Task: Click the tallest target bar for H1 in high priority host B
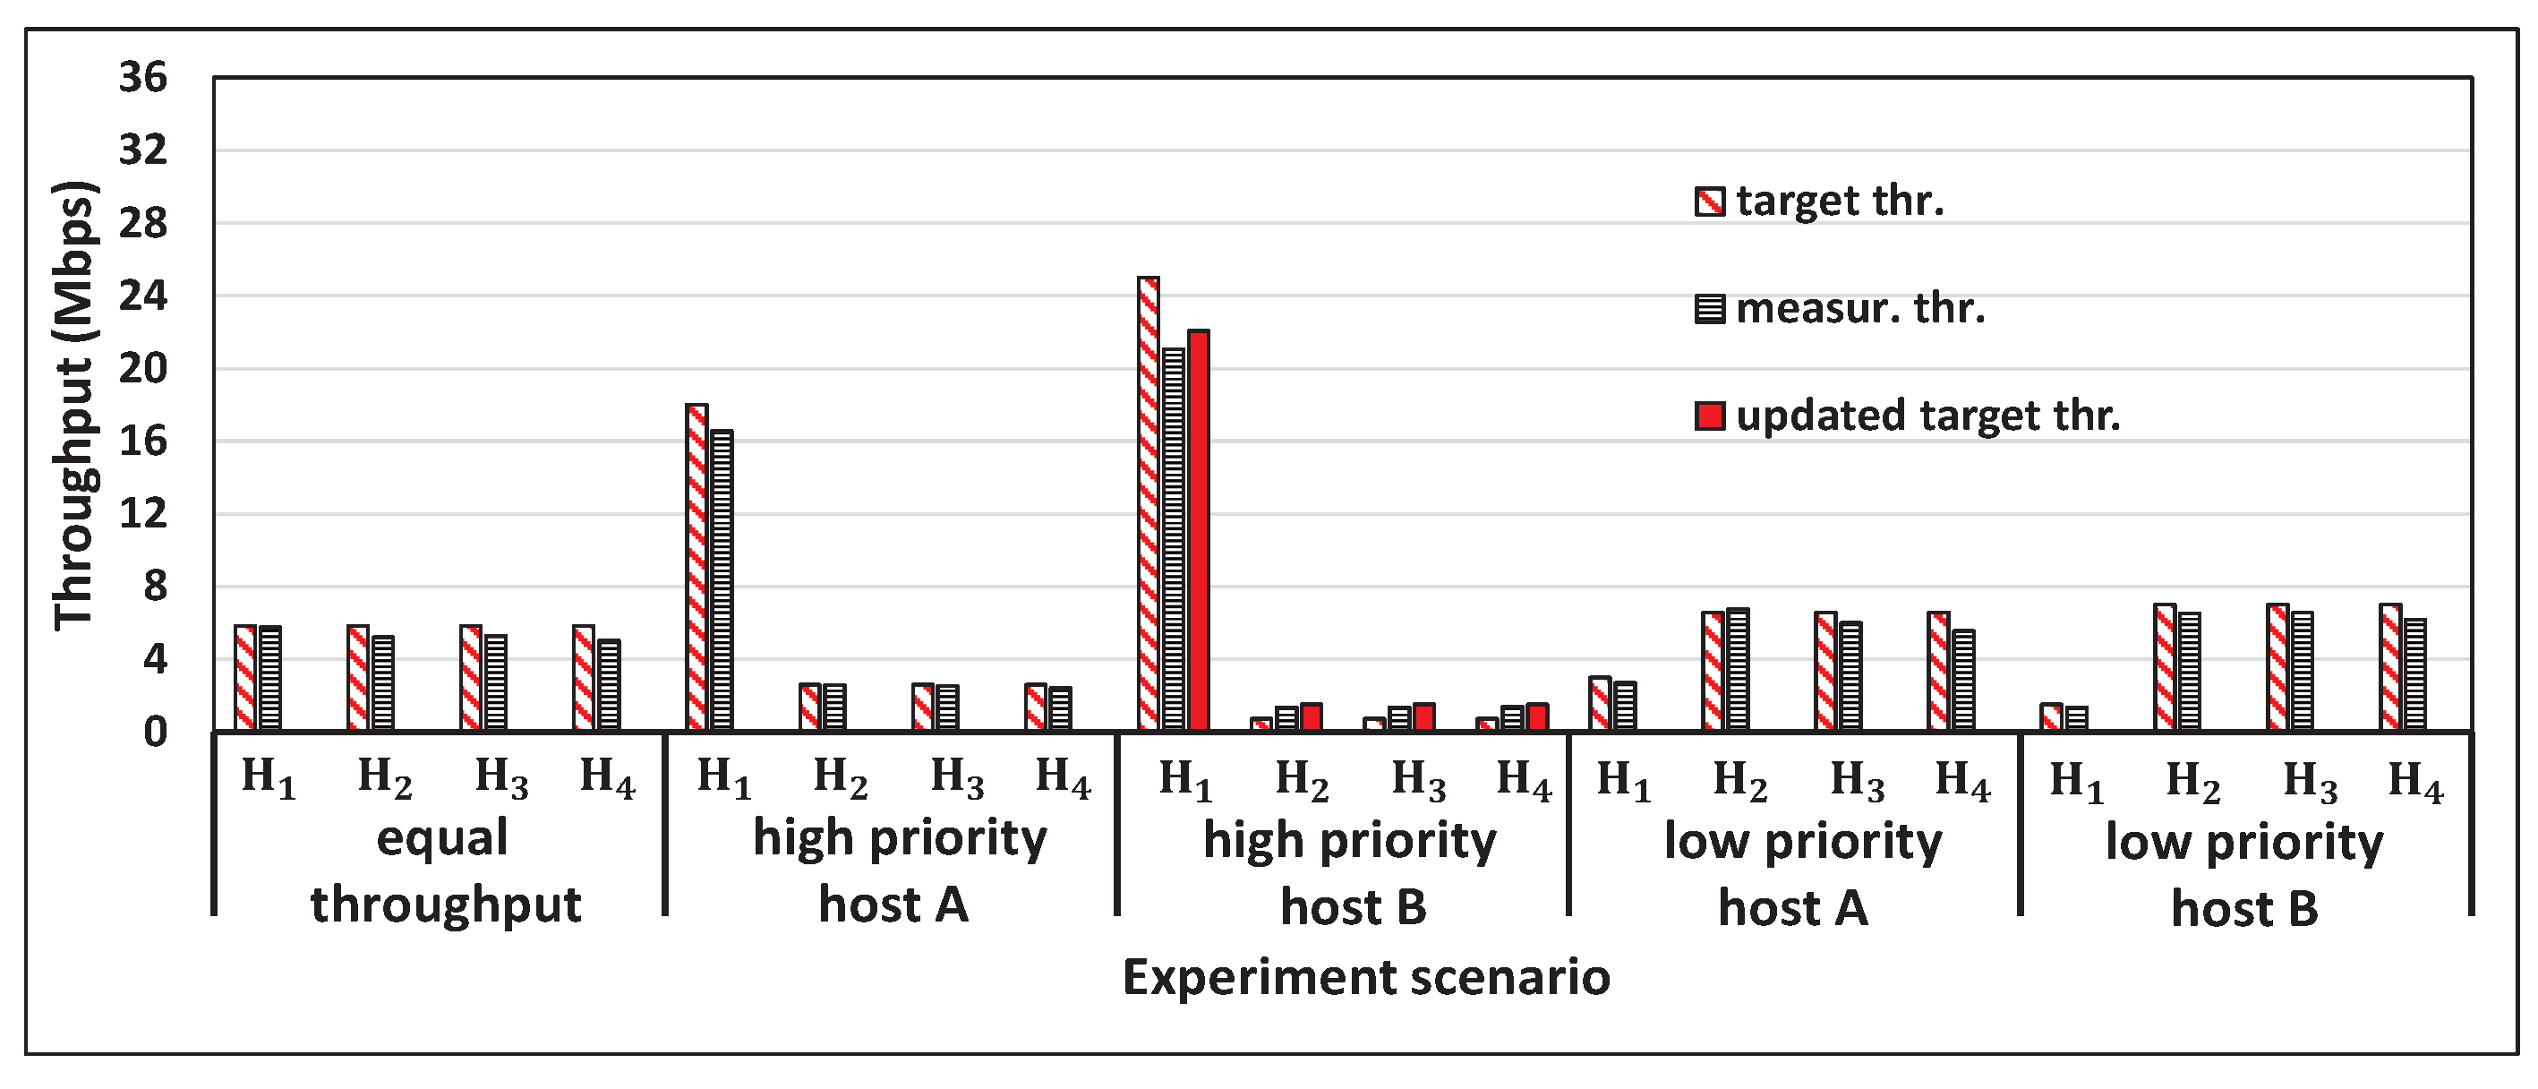pos(1148,503)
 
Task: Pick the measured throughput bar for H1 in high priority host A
pos(722,580)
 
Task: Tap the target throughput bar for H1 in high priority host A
pos(696,568)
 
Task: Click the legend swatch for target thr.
pos(1709,201)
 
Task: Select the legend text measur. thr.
pos(1860,308)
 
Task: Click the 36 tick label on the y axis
pos(143,77)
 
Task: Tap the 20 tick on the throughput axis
pos(143,369)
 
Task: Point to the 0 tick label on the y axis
pos(155,733)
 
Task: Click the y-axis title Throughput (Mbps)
pos(75,405)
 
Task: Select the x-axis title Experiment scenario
pos(1366,978)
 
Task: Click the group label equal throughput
pos(444,871)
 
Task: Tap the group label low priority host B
pos(2244,875)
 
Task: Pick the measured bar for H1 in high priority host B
pos(1174,539)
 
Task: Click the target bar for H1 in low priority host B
pos(2051,717)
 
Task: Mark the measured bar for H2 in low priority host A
pos(1738,670)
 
